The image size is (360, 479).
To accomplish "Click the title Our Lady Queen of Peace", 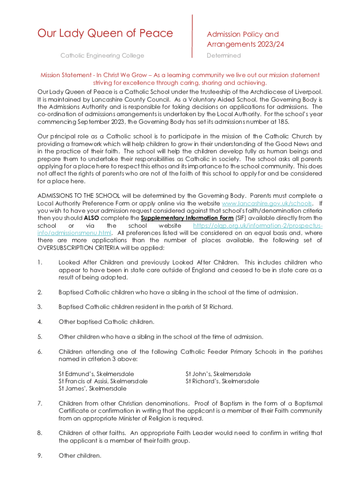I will pyautogui.click(x=105, y=33).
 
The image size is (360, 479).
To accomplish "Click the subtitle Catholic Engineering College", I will pyautogui.click(x=102, y=56).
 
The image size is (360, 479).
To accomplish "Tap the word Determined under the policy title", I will pyautogui.click(x=223, y=56).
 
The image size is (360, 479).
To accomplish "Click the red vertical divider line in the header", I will pyautogui.click(x=192, y=36).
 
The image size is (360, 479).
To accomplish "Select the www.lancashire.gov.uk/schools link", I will pyautogui.click(x=266, y=203).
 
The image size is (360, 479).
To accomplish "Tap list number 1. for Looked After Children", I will pyautogui.click(x=40, y=262).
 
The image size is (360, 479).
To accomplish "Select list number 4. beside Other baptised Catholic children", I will pyautogui.click(x=40, y=322).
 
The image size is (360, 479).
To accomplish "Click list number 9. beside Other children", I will pyautogui.click(x=40, y=455).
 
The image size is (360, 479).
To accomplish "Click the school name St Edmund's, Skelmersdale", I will pyautogui.click(x=96, y=374).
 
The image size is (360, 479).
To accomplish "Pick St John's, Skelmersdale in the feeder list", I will pyautogui.click(x=218, y=374).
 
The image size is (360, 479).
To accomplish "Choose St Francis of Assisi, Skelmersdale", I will pyautogui.click(x=103, y=381).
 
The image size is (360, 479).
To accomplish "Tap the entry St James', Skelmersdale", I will pyautogui.click(x=92, y=388).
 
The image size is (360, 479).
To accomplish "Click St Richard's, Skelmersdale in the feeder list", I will pyautogui.click(x=222, y=381).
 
